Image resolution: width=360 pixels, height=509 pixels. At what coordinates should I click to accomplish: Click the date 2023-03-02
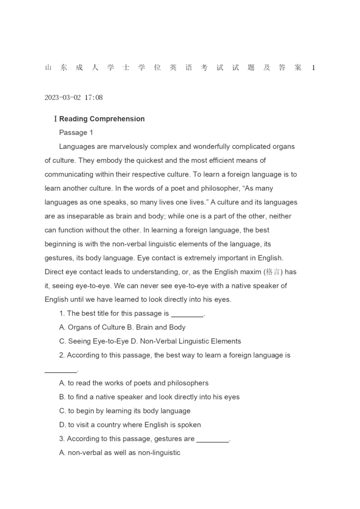click(63, 97)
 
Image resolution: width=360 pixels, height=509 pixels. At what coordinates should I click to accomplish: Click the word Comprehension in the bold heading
click(117, 119)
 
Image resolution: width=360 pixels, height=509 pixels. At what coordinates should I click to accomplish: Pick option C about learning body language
click(125, 411)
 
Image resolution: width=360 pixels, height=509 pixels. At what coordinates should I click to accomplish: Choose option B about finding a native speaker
click(149, 397)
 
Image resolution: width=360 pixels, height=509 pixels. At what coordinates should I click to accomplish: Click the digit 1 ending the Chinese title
click(313, 68)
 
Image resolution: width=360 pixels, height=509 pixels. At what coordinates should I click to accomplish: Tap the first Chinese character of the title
click(48, 68)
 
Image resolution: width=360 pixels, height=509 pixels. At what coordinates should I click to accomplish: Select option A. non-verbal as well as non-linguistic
click(120, 453)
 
